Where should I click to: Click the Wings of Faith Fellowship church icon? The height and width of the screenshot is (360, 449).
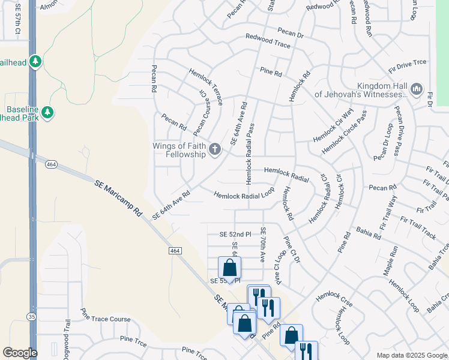(214, 148)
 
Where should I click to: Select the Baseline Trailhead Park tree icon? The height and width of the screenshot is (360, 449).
(47, 112)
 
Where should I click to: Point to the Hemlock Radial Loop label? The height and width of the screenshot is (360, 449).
(244, 194)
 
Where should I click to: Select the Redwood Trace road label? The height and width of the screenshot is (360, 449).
(268, 41)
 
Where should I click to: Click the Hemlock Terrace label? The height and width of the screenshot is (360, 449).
(206, 86)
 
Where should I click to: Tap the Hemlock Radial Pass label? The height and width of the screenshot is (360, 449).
(248, 155)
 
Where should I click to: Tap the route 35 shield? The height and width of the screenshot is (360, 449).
(31, 316)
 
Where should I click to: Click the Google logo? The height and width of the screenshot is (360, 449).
(20, 353)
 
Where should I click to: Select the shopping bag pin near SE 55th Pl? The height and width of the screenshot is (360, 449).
(229, 268)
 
